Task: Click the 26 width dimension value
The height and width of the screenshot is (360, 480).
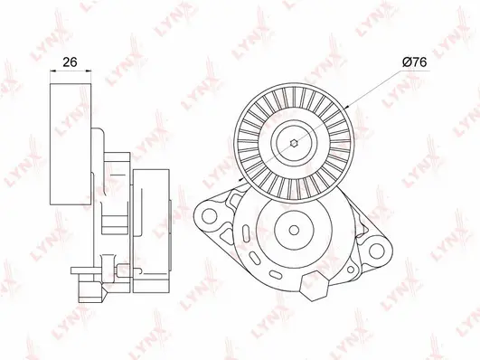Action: click(x=70, y=62)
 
